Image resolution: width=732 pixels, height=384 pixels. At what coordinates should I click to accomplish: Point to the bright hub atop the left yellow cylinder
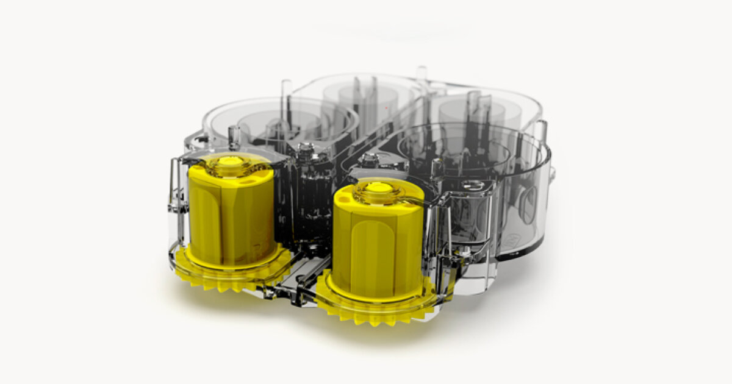(x=231, y=162)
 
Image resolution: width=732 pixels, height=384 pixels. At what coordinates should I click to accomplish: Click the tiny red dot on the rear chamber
(x=386, y=108)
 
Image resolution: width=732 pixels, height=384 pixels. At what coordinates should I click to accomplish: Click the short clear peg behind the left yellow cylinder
(x=233, y=135)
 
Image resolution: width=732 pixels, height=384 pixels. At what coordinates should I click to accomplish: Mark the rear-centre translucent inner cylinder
(x=360, y=104)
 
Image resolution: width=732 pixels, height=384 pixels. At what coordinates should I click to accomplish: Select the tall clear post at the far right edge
(x=540, y=131)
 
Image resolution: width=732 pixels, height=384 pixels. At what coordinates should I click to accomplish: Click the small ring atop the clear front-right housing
(x=470, y=184)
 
